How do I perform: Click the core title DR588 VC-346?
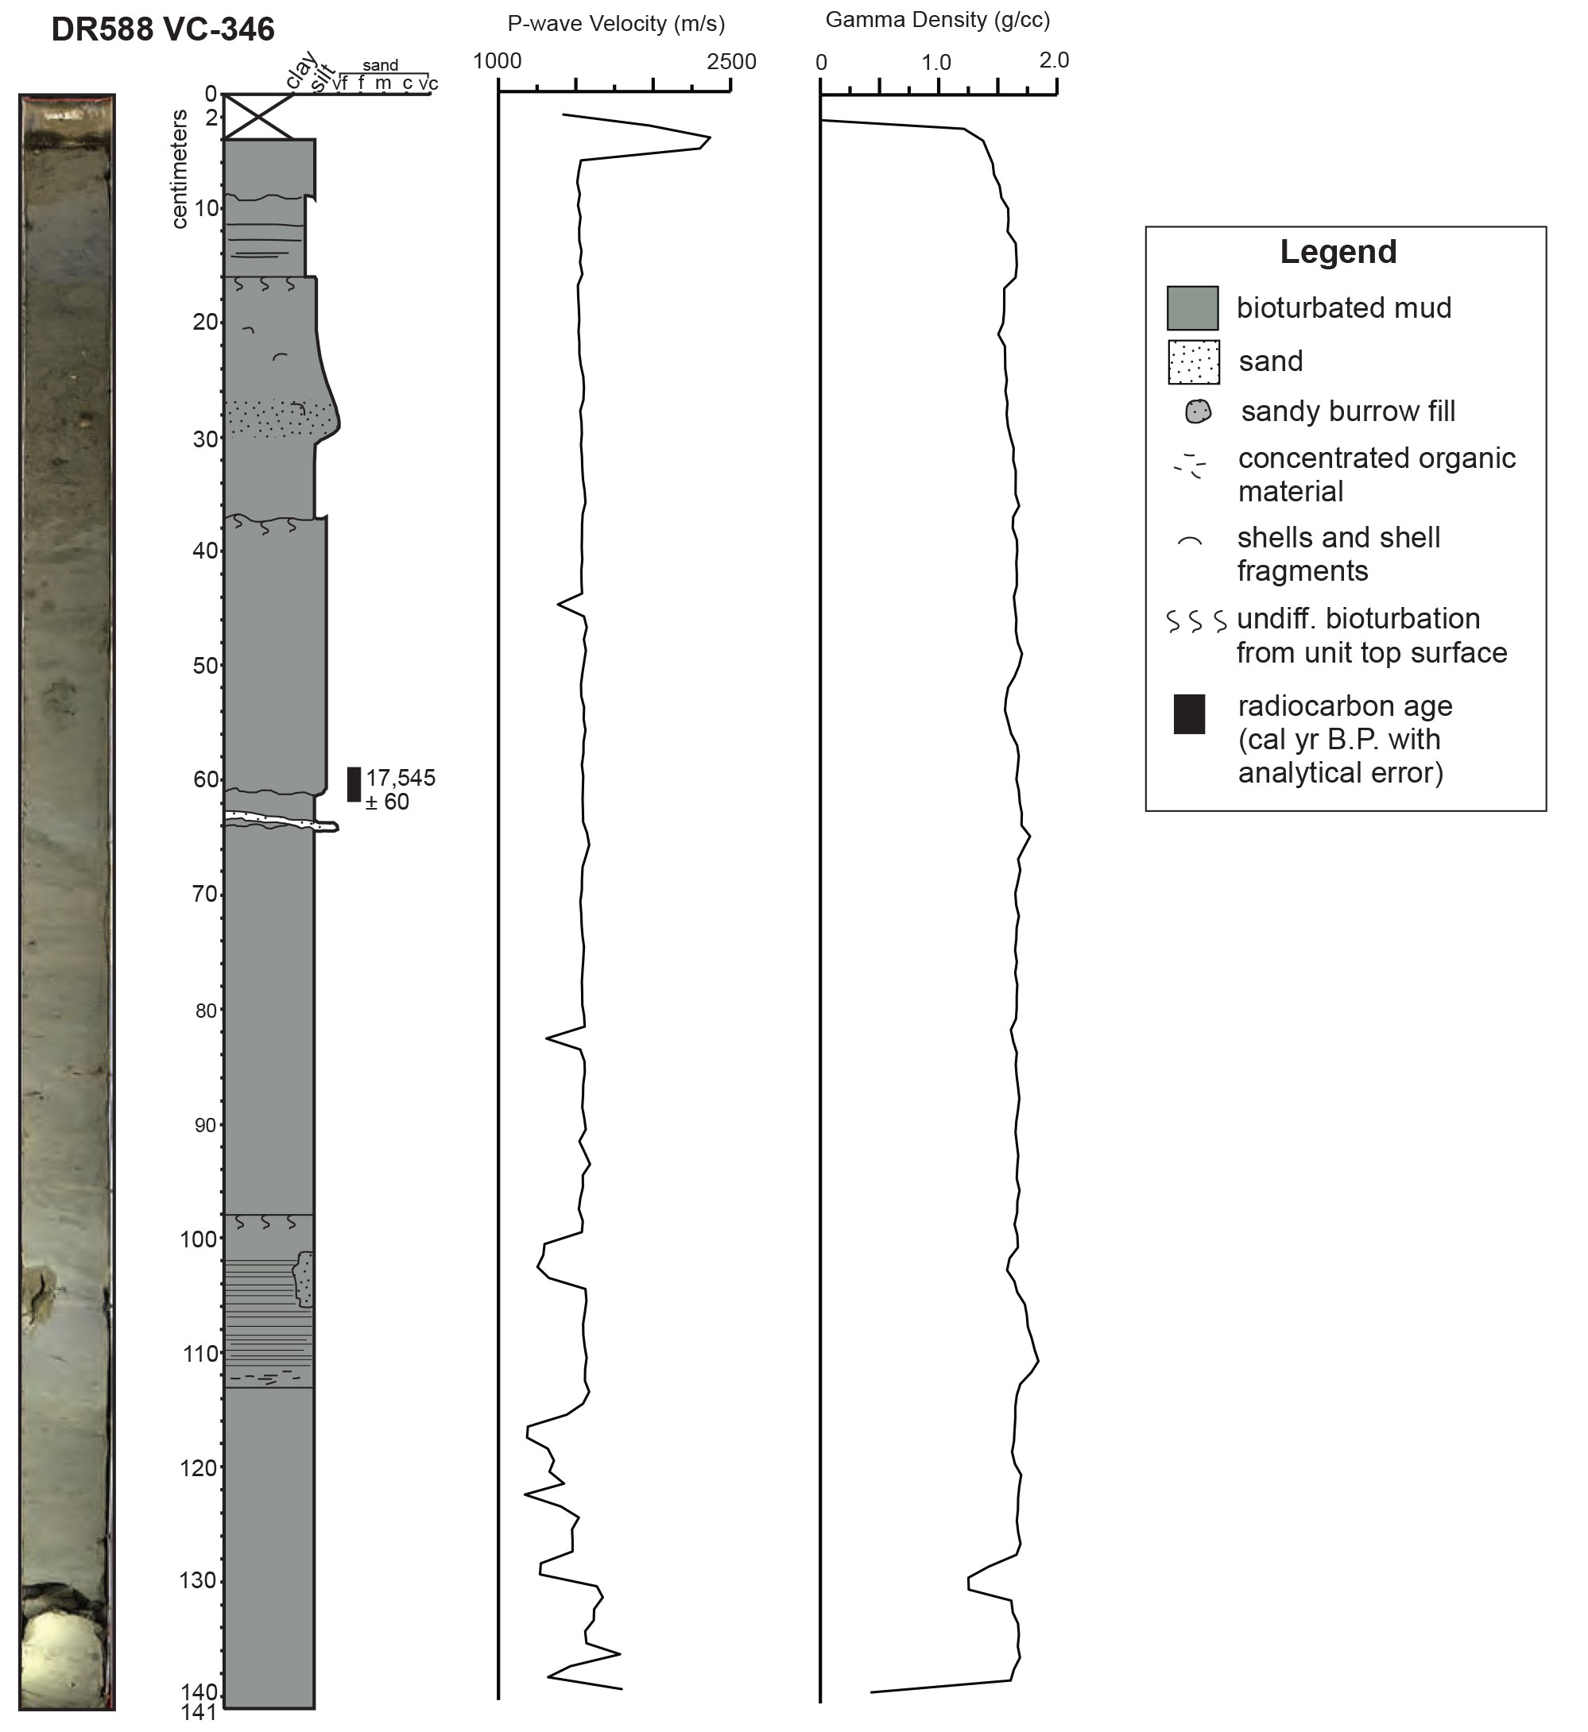coord(163,29)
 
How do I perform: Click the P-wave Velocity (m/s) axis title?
coord(616,24)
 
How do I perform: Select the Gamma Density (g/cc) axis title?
coord(938,20)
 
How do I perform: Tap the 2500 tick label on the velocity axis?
coord(731,62)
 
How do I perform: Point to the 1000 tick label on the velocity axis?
coord(498,62)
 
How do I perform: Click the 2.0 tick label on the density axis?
coord(1055,60)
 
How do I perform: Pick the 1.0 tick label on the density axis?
coord(936,63)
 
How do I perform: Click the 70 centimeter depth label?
coord(205,895)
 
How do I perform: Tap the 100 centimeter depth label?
coord(199,1239)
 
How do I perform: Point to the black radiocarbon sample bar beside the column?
coord(353,784)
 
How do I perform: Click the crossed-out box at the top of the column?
coord(258,116)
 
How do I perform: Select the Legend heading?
coord(1338,252)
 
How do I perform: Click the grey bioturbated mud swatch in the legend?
coord(1192,308)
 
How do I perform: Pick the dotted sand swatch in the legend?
coord(1194,361)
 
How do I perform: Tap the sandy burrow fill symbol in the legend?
coord(1198,412)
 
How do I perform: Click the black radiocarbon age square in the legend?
coord(1189,714)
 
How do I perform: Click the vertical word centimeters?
coord(179,169)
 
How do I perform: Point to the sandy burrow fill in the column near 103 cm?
coord(304,1279)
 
